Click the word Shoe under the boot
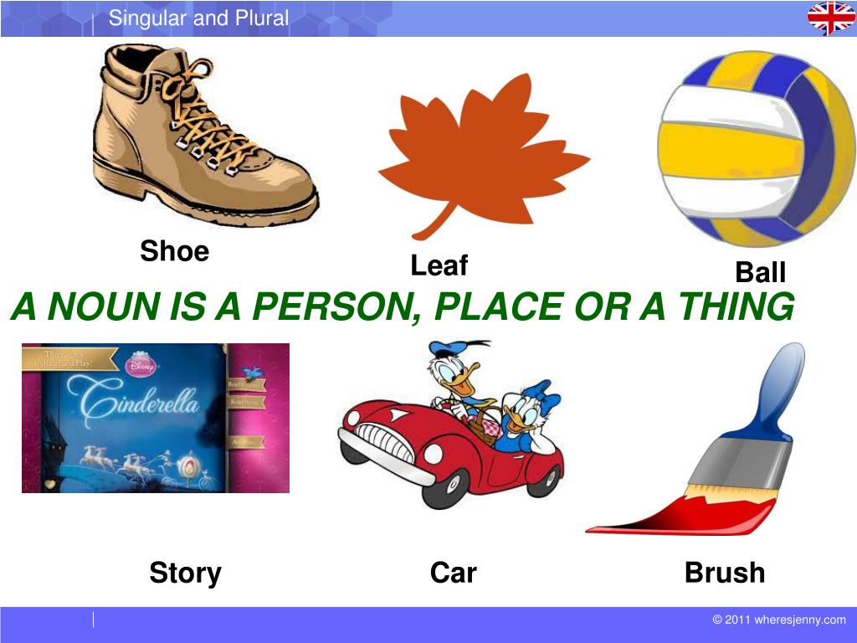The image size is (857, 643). pyautogui.click(x=174, y=250)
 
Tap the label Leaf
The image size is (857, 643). pyautogui.click(x=439, y=265)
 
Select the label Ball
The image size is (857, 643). pyautogui.click(x=760, y=272)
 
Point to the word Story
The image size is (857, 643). pyautogui.click(x=185, y=574)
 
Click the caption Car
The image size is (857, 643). pyautogui.click(x=453, y=574)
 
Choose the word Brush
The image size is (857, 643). pyautogui.click(x=724, y=574)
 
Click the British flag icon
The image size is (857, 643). pyautogui.click(x=830, y=18)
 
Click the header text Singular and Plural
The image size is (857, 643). pyautogui.click(x=198, y=18)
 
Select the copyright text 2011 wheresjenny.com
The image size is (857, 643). pyautogui.click(x=779, y=620)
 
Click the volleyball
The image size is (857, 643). pyautogui.click(x=756, y=148)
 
